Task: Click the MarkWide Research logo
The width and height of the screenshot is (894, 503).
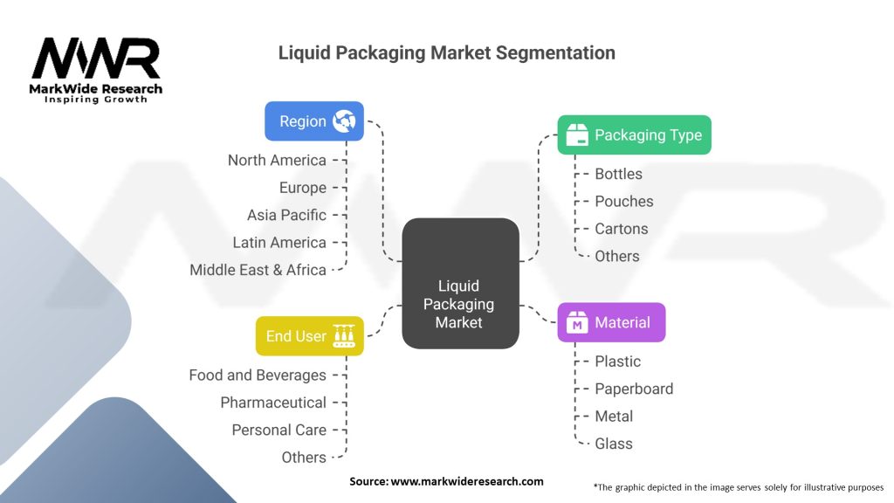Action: click(x=96, y=68)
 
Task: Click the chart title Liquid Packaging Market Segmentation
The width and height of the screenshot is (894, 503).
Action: click(x=446, y=52)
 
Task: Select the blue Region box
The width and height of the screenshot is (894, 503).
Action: click(x=313, y=121)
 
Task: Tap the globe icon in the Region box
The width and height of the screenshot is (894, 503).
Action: click(x=344, y=122)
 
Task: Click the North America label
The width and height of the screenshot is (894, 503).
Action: click(x=277, y=160)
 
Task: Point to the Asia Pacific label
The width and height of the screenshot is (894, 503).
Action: click(x=286, y=215)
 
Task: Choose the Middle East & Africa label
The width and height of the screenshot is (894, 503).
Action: click(x=258, y=270)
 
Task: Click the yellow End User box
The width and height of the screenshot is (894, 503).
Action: click(x=309, y=336)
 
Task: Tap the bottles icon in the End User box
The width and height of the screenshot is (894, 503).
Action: click(x=344, y=336)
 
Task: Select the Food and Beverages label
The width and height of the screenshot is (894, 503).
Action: click(x=258, y=375)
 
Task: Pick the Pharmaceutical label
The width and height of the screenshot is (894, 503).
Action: click(x=273, y=403)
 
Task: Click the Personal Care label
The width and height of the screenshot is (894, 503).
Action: click(x=279, y=430)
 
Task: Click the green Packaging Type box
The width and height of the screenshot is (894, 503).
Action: click(x=634, y=135)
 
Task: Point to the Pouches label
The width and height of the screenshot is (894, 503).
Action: click(x=623, y=201)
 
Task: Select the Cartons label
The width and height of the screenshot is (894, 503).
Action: click(x=622, y=229)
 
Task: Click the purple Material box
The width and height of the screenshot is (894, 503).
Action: click(x=611, y=323)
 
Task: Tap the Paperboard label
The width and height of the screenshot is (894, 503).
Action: click(x=634, y=389)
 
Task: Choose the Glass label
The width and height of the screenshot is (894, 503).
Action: click(x=614, y=444)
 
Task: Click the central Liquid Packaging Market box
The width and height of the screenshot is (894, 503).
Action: click(x=459, y=284)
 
